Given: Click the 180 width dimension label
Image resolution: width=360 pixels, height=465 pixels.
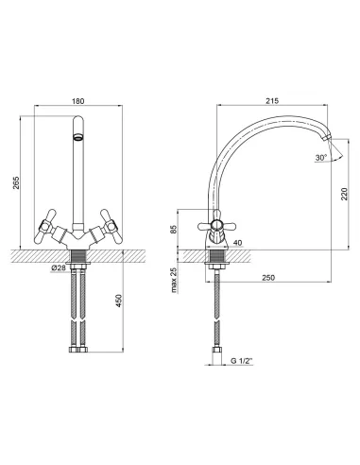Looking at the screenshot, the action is coord(78,101).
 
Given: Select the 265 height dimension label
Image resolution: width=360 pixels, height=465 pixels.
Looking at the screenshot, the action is coord(16,182).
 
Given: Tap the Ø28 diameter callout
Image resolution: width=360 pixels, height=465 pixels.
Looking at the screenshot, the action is coord(58,267).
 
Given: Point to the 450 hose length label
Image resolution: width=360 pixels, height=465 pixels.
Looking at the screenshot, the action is coord(118,301).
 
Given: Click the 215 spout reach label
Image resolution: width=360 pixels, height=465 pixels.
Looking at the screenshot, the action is coord(272,101).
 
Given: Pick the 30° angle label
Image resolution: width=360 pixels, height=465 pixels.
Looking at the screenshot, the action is coord(321,158).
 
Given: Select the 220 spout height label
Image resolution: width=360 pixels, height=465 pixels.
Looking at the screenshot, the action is coord(344,194).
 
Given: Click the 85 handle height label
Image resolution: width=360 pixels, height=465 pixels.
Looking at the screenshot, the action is coord(174,229).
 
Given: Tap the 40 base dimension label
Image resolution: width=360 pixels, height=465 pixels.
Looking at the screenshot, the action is coord(238,243).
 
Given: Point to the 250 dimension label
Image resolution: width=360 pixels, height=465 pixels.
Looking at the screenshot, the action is coord(268,278).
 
